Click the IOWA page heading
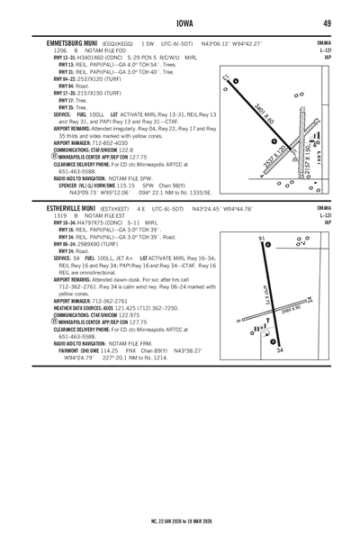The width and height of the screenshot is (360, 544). tap(179, 23)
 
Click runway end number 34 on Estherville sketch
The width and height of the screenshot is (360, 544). tap(281, 376)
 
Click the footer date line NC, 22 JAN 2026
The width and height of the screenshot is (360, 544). tap(179, 520)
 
